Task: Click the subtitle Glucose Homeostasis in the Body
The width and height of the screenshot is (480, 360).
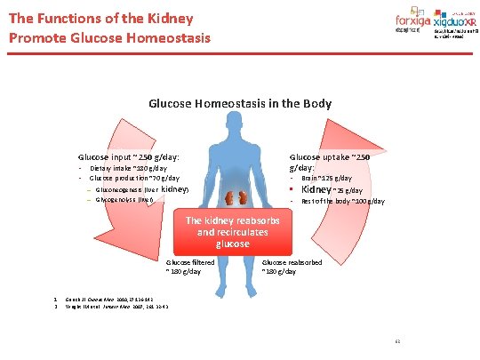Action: [x=240, y=103]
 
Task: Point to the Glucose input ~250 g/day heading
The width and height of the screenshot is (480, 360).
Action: [x=129, y=156]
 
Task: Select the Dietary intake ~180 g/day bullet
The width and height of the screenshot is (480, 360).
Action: [x=127, y=167]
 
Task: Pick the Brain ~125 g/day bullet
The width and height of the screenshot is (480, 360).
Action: [x=333, y=179]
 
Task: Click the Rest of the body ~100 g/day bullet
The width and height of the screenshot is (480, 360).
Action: [x=342, y=202]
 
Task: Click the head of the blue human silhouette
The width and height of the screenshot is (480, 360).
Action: [x=239, y=134]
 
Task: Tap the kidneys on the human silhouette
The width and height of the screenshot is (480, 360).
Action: [x=239, y=195]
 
